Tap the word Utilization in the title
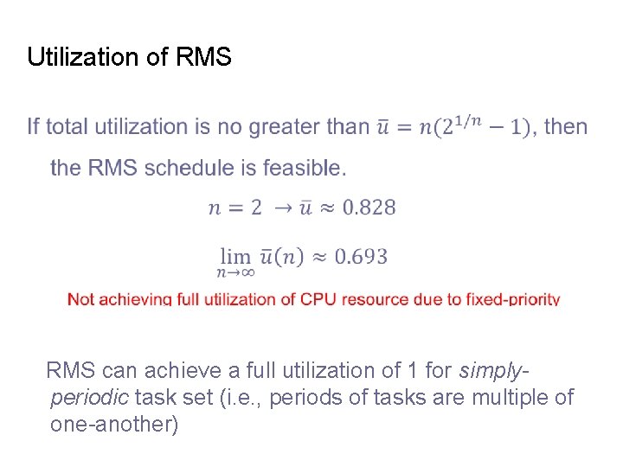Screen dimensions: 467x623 coord(81,58)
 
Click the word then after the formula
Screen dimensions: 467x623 coord(566,127)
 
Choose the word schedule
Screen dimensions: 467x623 coord(189,167)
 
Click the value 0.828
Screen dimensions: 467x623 coord(369,208)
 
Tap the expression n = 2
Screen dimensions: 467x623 coord(234,208)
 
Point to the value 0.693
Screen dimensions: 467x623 coord(361,256)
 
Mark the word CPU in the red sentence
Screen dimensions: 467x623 coord(318,299)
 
